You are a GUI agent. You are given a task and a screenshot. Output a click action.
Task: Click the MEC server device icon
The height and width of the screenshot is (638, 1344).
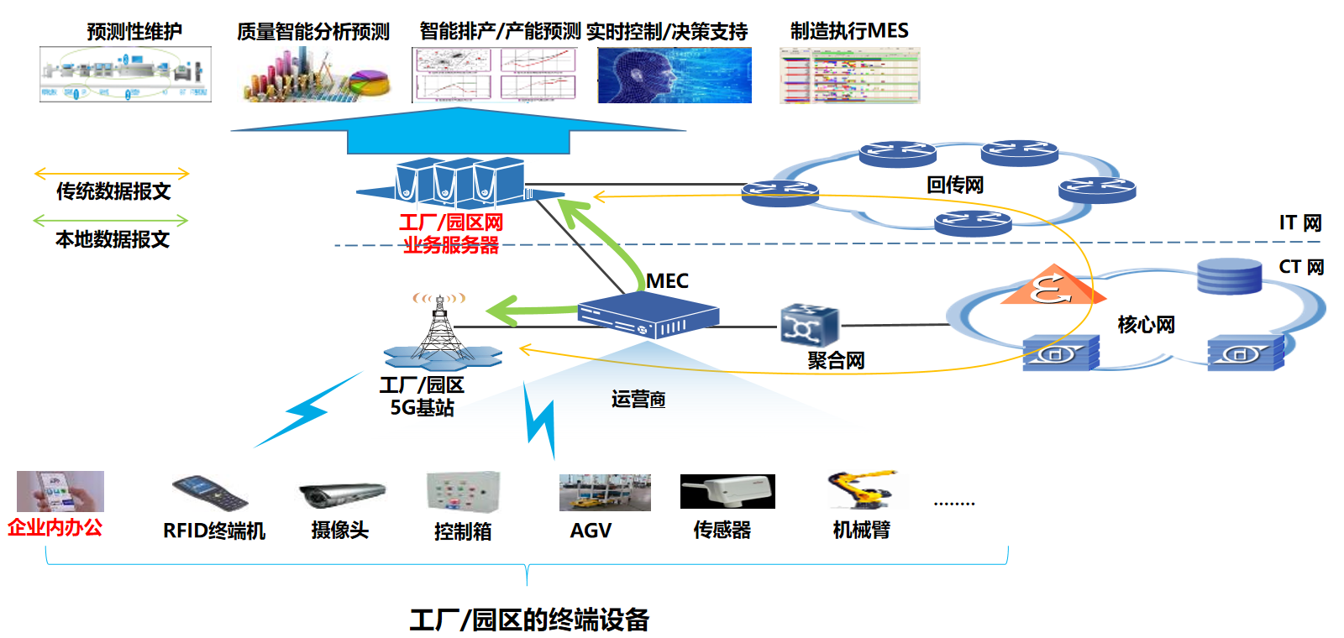[648, 315]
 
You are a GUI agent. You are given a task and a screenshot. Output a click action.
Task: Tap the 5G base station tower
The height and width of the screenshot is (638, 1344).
[438, 332]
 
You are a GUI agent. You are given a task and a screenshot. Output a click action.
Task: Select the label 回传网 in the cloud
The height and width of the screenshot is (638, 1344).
[955, 185]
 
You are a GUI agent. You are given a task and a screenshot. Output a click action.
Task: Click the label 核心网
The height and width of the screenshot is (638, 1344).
[1146, 324]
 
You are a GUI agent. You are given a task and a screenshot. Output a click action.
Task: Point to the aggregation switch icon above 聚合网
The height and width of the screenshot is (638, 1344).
[809, 325]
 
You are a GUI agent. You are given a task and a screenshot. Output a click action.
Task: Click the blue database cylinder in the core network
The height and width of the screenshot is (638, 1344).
[1229, 276]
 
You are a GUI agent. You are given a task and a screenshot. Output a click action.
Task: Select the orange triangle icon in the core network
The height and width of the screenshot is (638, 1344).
[1053, 286]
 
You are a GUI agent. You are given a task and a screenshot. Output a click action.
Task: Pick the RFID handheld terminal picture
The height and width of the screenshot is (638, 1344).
[210, 493]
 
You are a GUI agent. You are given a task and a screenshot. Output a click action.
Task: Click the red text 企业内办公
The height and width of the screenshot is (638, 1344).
[55, 527]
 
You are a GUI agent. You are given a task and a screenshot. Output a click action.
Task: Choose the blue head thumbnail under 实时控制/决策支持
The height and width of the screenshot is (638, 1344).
[675, 75]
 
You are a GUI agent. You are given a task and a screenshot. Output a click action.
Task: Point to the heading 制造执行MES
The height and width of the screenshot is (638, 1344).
[849, 31]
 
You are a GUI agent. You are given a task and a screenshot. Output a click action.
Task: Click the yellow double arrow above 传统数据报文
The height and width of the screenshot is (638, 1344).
[112, 174]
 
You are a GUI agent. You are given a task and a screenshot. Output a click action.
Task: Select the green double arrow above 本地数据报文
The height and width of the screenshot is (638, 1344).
[111, 221]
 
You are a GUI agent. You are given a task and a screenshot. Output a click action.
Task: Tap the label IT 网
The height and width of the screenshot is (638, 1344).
[1300, 222]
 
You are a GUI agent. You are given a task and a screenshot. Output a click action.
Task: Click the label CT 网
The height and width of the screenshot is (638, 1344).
[1301, 267]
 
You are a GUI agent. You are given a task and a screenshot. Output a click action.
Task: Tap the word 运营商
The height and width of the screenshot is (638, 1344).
[638, 399]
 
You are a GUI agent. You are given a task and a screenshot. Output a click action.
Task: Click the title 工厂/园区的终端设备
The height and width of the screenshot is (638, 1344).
[529, 620]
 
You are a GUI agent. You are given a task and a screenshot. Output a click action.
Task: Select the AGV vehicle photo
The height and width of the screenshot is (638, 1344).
[605, 493]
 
